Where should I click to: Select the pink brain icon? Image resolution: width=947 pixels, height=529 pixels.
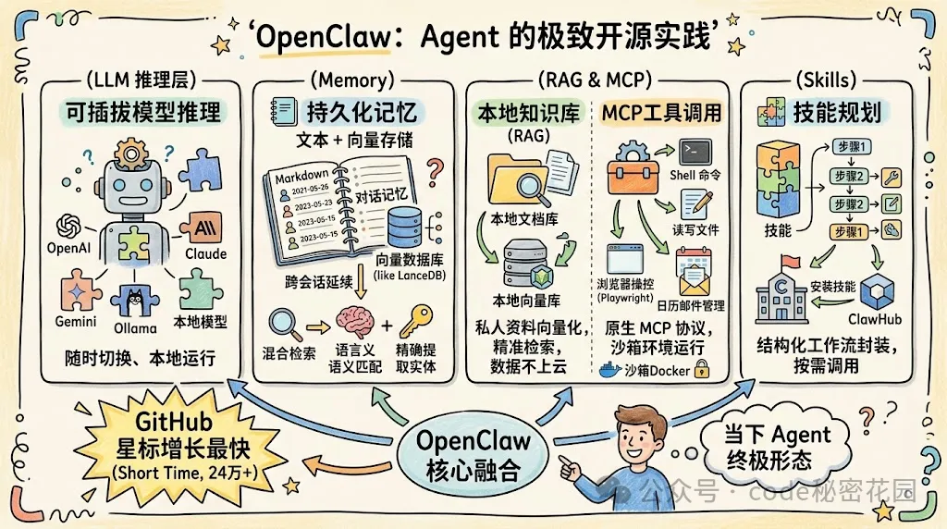tap(355, 324)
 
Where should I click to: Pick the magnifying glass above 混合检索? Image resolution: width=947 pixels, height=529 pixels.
tap(281, 324)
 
